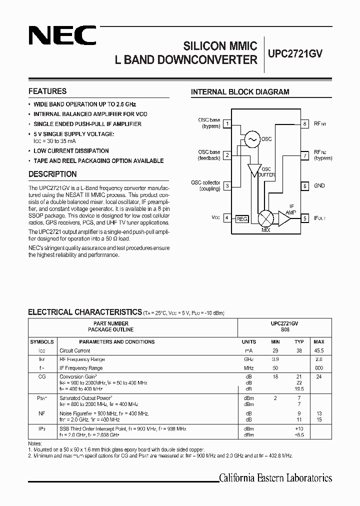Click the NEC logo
coord(62,35)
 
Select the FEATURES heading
coord(47,91)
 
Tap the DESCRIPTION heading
coord(52,174)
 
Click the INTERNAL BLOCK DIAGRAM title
coord(240,92)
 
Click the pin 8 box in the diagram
coord(304,123)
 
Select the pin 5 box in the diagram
coord(304,218)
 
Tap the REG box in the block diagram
coord(241,218)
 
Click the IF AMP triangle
coord(285,218)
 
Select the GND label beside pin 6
coord(319,185)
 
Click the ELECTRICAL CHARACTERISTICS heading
coord(85,312)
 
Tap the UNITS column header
coord(248,342)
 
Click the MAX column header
coord(319,342)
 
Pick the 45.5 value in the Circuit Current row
coord(319,351)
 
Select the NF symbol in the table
coord(42,414)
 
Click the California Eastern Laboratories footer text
coord(275,478)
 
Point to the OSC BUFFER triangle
coord(255,170)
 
